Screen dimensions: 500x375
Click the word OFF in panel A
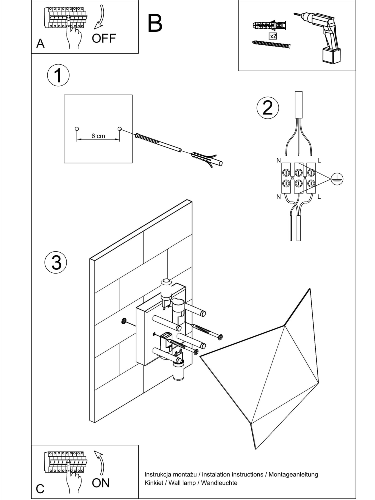click(x=104, y=38)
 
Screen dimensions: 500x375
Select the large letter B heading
click(x=155, y=23)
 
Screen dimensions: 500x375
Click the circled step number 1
click(x=58, y=75)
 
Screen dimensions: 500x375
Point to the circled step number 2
click(x=267, y=108)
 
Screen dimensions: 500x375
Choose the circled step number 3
click(x=56, y=262)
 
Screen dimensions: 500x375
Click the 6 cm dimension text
click(x=98, y=136)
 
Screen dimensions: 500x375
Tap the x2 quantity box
click(x=273, y=36)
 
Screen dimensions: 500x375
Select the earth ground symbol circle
click(x=337, y=179)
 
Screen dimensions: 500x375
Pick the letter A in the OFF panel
click(x=40, y=43)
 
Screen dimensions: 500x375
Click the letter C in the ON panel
click(x=40, y=489)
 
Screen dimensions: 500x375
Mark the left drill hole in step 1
click(x=77, y=129)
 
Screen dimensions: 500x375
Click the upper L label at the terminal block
click(x=319, y=160)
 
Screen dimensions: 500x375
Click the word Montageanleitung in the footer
click(x=293, y=474)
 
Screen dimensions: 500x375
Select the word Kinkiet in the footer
click(x=153, y=483)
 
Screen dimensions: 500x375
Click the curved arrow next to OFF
click(x=100, y=17)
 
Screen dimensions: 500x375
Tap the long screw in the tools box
click(x=271, y=44)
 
